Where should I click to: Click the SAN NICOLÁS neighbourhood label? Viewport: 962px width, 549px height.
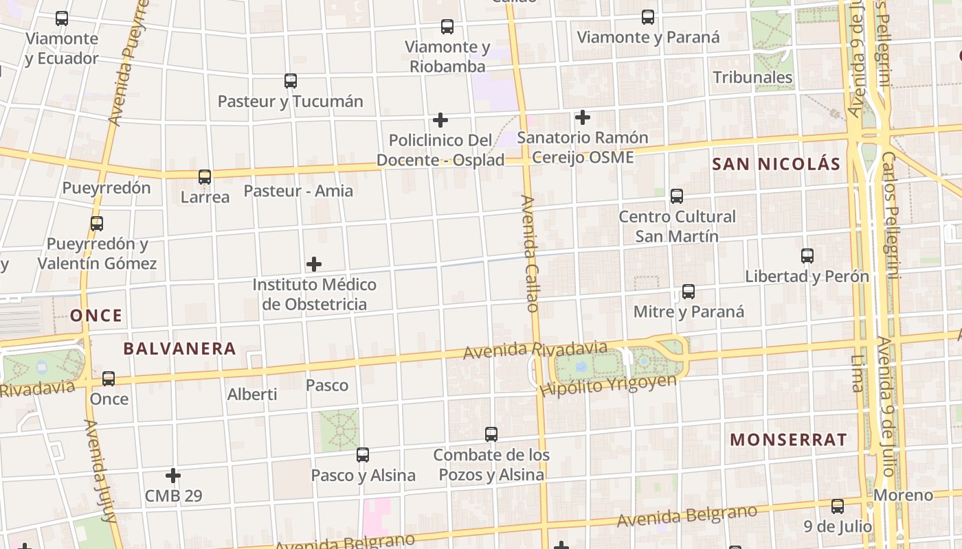[776, 164]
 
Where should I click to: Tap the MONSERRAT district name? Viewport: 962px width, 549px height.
[788, 440]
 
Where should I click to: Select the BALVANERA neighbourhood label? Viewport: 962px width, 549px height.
[179, 349]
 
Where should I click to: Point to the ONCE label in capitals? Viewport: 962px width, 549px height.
[96, 316]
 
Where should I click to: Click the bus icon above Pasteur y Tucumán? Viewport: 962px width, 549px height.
[291, 81]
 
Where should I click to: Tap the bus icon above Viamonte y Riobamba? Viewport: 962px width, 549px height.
[447, 27]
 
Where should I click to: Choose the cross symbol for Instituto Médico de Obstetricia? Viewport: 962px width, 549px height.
[314, 264]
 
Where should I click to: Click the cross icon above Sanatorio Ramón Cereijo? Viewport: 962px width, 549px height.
[583, 117]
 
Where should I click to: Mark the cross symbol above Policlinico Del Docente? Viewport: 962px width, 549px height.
[440, 121]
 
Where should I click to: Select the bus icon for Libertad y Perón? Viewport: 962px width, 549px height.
[807, 256]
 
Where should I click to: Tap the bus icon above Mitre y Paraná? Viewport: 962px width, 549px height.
[689, 292]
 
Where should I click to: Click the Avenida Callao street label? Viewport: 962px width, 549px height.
[529, 254]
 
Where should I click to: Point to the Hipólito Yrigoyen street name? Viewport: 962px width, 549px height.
[608, 386]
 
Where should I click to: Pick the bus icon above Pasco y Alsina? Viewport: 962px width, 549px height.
[363, 454]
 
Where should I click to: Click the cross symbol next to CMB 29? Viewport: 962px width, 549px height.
[173, 475]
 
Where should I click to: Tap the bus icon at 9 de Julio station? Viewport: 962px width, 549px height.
[838, 506]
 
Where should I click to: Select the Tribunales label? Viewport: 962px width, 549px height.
[752, 77]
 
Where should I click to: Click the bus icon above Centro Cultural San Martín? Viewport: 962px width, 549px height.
[677, 196]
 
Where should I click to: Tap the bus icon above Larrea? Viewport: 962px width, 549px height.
[205, 177]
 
